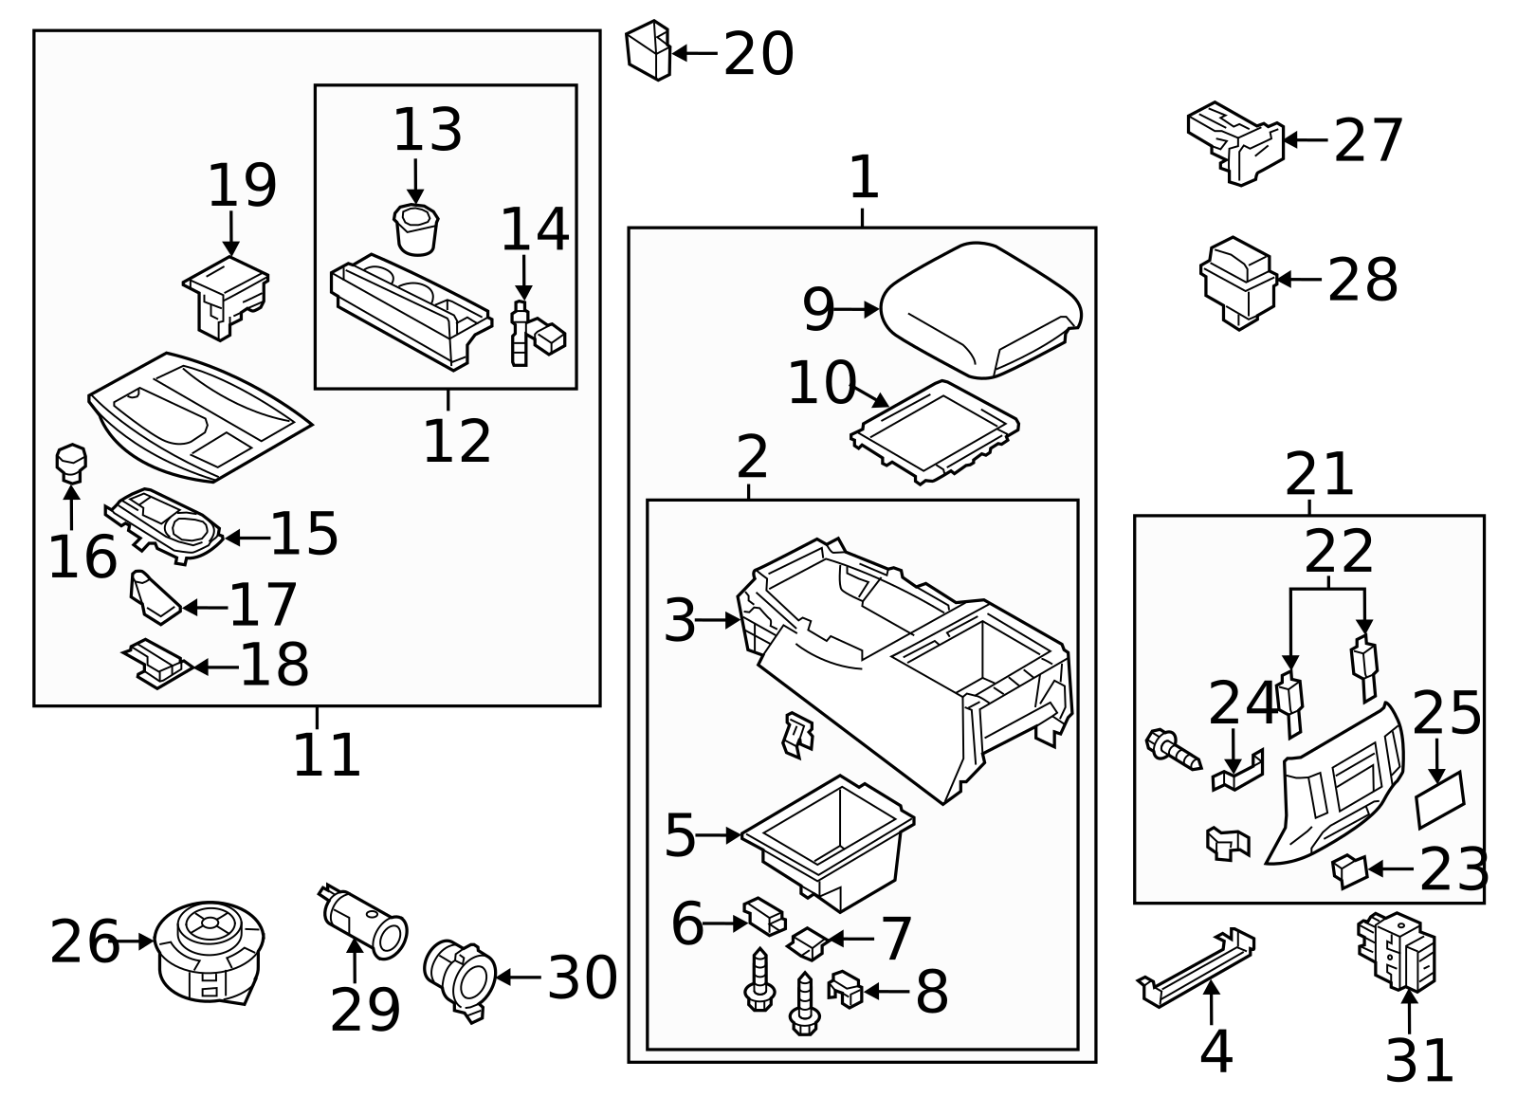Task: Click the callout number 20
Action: point(758,54)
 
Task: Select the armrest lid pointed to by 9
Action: point(980,310)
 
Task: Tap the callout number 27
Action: point(1367,141)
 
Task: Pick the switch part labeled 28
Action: point(1238,283)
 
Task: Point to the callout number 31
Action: point(1418,1062)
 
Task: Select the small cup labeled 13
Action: point(415,229)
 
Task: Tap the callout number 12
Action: point(456,442)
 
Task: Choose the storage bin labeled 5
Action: point(828,843)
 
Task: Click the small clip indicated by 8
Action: point(845,990)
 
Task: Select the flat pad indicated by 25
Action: point(1440,799)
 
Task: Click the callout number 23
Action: point(1453,869)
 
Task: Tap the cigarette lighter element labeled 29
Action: point(363,922)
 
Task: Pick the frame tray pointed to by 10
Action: point(935,432)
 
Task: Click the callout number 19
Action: point(242,186)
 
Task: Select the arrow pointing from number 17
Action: point(205,608)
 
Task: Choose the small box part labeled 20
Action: point(649,51)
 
